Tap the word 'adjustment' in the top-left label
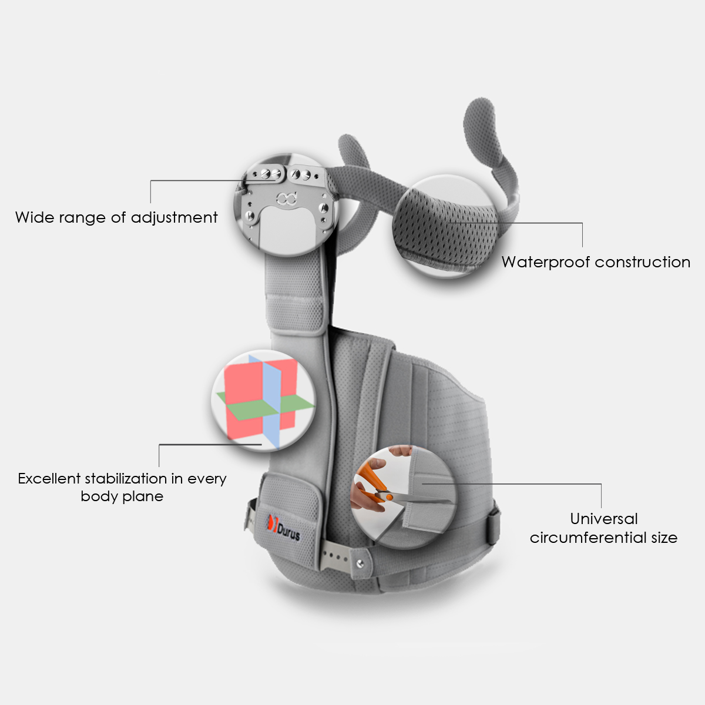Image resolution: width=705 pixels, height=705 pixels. pos(174,218)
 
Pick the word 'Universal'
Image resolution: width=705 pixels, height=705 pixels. pos(603,519)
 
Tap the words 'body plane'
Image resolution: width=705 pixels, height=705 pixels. pos(122,496)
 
